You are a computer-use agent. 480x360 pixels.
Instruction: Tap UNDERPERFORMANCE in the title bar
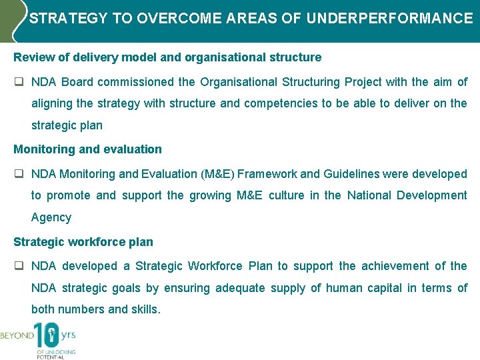pos(389,18)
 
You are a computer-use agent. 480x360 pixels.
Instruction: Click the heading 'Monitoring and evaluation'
pos(87,149)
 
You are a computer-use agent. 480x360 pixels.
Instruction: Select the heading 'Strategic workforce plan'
pos(83,242)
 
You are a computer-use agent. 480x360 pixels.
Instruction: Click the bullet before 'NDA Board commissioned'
pos(19,82)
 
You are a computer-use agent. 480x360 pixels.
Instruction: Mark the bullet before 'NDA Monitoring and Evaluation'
pos(19,174)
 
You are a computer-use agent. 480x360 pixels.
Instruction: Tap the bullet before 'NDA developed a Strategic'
pos(19,266)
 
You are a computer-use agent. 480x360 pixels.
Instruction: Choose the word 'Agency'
pos(51,217)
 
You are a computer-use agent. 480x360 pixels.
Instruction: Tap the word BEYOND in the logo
pos(17,336)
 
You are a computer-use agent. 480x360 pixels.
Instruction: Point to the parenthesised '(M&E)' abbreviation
pos(217,174)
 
